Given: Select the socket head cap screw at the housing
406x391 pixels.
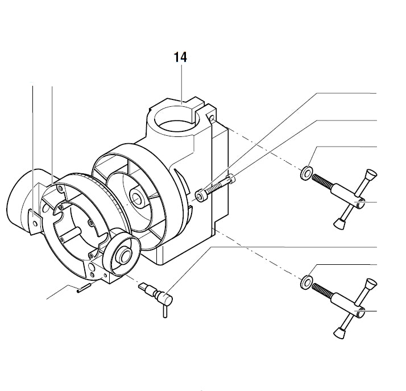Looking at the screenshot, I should [215, 188].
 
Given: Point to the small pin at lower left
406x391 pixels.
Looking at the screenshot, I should [82, 288].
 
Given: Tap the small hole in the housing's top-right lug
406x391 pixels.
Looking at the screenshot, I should [212, 119].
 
